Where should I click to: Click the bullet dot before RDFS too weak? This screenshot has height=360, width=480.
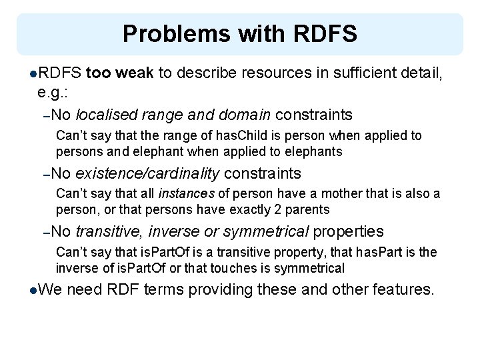pyautogui.click(x=34, y=73)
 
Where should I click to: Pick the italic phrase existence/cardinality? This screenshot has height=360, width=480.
pyautogui.click(x=147, y=174)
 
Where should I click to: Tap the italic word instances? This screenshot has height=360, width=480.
pyautogui.click(x=185, y=194)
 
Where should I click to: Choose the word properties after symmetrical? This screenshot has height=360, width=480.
pyautogui.click(x=348, y=231)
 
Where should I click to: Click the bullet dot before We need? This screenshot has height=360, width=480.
pyautogui.click(x=34, y=291)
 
